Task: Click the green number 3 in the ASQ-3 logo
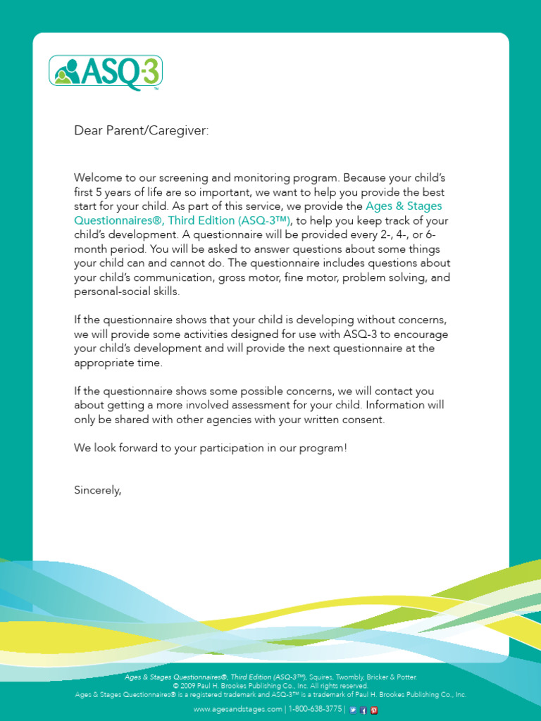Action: [149, 73]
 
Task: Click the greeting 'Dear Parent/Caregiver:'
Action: [142, 131]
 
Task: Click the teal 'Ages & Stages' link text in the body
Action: [404, 206]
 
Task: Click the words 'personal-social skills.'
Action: [127, 291]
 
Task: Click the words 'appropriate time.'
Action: [118, 363]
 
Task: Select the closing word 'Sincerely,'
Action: [98, 490]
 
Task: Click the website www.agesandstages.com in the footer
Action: [237, 709]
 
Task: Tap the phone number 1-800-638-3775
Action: [315, 709]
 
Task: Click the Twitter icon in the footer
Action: [352, 710]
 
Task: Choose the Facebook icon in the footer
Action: [363, 710]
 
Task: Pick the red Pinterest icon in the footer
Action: [374, 710]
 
